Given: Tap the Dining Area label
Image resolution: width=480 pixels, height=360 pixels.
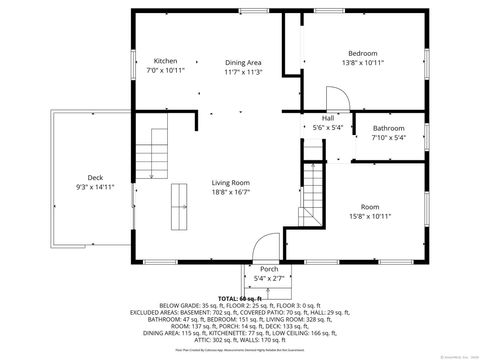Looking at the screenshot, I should click(x=242, y=61).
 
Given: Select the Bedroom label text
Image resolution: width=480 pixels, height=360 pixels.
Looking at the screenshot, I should click(x=362, y=53).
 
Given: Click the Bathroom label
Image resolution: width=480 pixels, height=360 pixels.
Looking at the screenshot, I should click(x=389, y=129).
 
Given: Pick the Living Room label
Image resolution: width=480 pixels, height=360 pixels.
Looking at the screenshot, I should click(x=229, y=182).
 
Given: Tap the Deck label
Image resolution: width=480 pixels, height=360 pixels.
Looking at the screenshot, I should click(x=95, y=177).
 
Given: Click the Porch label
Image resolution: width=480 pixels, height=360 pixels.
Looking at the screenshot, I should click(x=269, y=269).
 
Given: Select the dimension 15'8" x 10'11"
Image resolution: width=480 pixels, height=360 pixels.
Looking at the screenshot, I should click(x=370, y=216).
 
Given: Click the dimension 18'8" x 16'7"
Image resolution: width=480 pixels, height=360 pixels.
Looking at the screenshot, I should click(x=229, y=192).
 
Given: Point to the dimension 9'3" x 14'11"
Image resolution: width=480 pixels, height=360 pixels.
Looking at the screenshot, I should click(x=95, y=187).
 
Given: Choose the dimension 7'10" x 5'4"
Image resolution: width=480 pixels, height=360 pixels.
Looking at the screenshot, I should click(x=389, y=139).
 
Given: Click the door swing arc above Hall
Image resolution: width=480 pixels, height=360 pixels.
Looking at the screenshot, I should click(x=338, y=98).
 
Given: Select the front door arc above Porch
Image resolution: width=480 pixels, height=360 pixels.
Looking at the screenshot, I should click(x=266, y=246).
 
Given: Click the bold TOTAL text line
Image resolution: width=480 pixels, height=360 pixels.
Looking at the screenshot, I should click(x=240, y=298).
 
